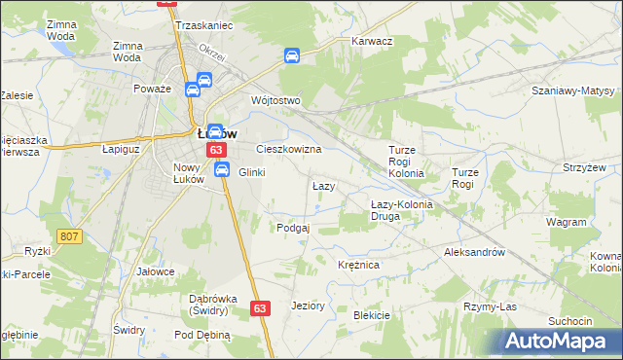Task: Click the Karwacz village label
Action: [371, 42]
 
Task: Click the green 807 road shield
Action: [68, 236]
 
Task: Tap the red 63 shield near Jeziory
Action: [259, 307]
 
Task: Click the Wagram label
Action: [566, 222]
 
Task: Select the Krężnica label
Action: [357, 265]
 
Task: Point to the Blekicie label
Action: [371, 315]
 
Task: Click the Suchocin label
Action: [570, 321]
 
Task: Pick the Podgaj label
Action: [293, 228]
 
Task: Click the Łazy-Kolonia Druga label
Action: [399, 210]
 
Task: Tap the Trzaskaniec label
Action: [204, 26]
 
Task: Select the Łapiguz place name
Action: [123, 150]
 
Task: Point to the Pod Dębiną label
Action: [202, 335]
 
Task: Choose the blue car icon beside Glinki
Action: [222, 170]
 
